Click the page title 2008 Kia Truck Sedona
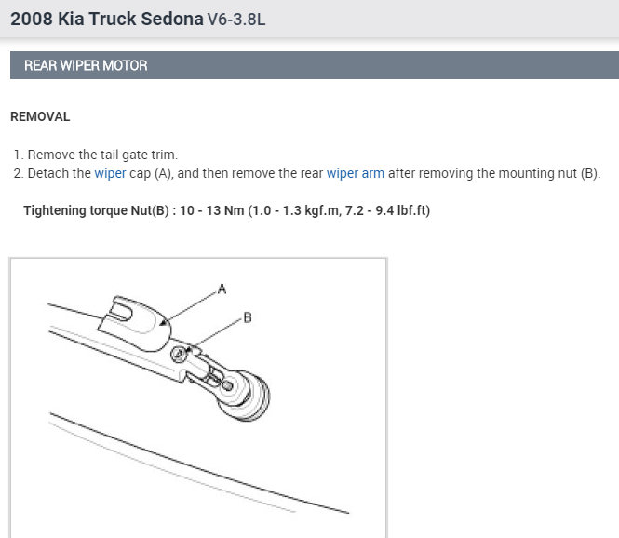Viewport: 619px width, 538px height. tap(107, 19)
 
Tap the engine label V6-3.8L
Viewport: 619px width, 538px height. tap(236, 20)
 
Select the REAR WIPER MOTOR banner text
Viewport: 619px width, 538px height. tap(86, 65)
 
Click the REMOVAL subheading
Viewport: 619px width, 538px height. tap(40, 117)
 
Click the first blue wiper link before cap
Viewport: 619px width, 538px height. tap(110, 173)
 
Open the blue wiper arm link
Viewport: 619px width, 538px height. tap(356, 173)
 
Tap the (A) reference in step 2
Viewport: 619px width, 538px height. tap(164, 173)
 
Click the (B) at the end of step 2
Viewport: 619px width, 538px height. tap(590, 173)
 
